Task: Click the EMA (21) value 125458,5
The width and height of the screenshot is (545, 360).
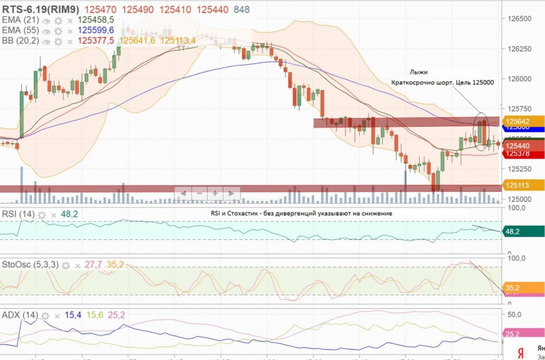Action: tap(95, 20)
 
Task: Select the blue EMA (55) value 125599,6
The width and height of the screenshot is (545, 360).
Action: tap(95, 31)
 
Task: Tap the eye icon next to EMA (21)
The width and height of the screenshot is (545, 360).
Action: tap(47, 20)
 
